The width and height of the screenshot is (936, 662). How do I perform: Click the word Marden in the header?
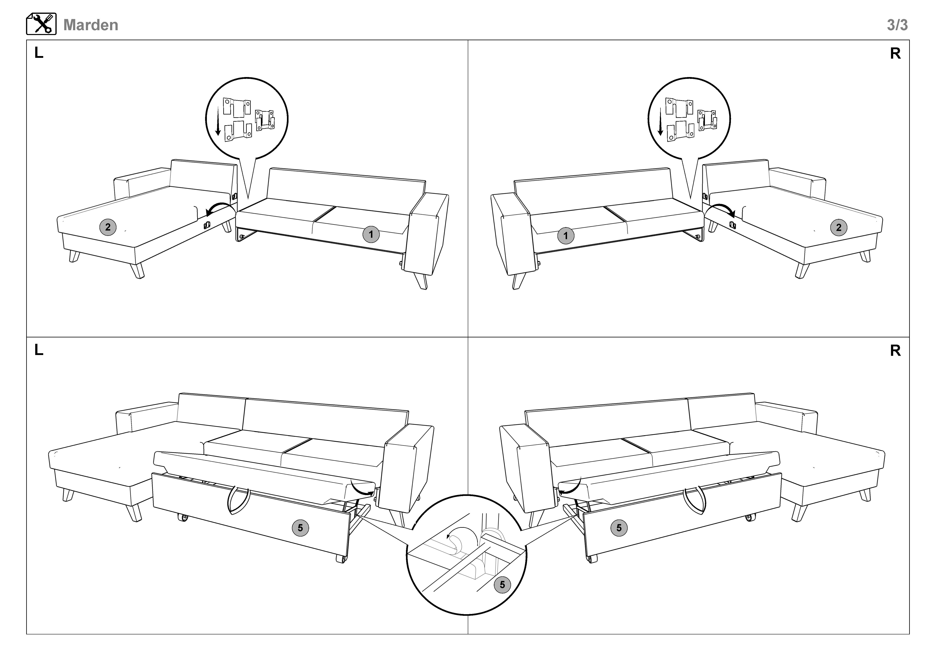pos(91,25)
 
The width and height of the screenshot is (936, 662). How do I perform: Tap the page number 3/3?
pos(897,25)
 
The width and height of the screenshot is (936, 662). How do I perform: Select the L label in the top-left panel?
pos(39,53)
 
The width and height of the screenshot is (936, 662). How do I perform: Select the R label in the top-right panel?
pos(895,53)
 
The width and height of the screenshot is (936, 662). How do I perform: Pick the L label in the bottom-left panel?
pos(39,350)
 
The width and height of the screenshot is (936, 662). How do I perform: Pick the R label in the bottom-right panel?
pos(895,351)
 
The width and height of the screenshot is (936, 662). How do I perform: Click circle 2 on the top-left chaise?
pos(108,227)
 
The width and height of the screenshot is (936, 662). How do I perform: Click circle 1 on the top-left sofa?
pos(371,234)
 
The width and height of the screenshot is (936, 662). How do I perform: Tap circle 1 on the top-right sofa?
pos(565,236)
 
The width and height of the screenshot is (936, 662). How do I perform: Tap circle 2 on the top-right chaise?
pos(839,228)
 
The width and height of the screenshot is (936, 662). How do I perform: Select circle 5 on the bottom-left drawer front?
pos(301,528)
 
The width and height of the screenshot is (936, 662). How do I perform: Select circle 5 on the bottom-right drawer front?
pos(619,528)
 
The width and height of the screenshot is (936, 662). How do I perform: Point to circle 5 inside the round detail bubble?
pos(502,585)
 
